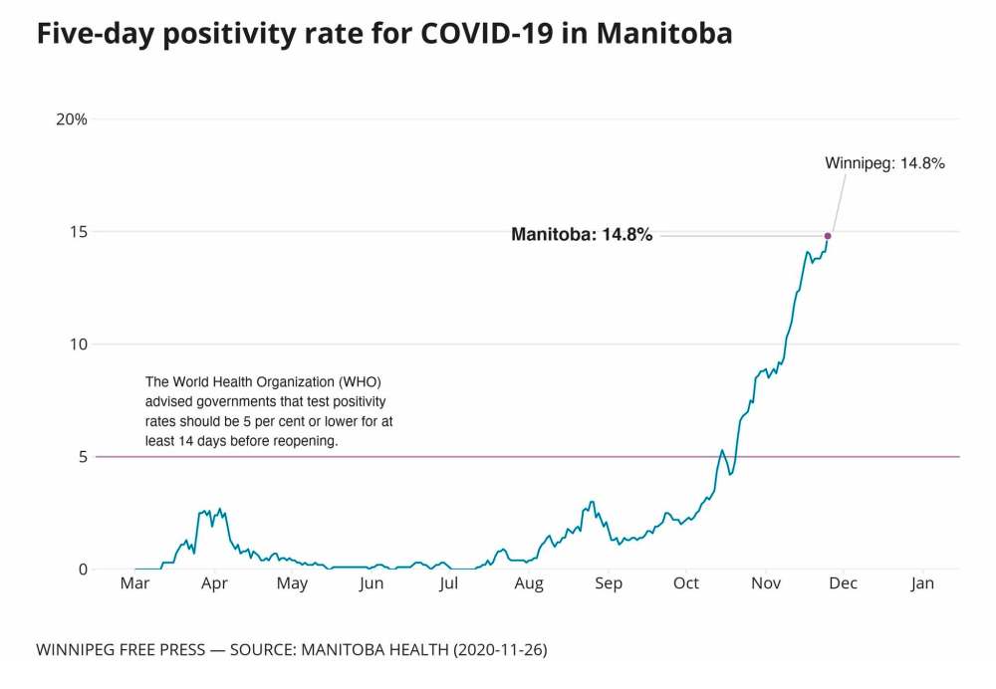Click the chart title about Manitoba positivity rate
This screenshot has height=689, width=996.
click(383, 34)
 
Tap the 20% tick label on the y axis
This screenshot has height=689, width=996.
click(72, 119)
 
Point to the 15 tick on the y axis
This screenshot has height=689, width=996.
click(79, 232)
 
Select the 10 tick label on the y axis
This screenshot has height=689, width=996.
click(79, 344)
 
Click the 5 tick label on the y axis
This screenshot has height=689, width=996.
click(83, 457)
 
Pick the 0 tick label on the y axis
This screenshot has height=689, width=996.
click(83, 570)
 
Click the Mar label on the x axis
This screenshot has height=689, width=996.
click(134, 584)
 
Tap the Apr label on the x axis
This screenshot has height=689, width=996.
click(214, 584)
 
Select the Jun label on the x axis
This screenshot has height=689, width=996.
click(371, 584)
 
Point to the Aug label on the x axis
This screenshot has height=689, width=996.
click(529, 584)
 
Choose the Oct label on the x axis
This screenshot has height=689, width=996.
click(686, 584)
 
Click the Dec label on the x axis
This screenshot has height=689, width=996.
click(844, 584)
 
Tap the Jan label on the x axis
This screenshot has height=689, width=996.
click(922, 584)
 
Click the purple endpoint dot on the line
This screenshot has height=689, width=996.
click(828, 236)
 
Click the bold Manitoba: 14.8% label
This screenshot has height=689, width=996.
click(582, 236)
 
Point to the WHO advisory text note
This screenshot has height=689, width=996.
click(269, 410)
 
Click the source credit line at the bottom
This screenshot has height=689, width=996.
click(291, 650)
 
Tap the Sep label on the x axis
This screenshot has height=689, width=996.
click(608, 584)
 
